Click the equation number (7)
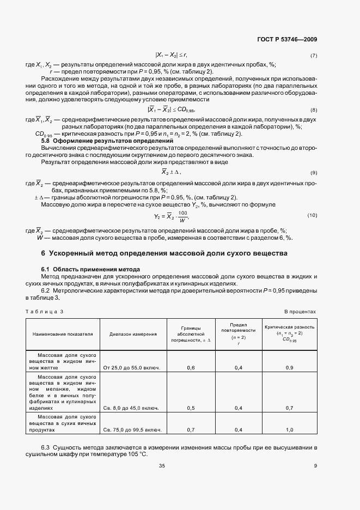point(313,56)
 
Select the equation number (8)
point(313,110)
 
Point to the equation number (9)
point(313,172)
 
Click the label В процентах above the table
point(300,311)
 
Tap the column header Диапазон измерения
point(133,334)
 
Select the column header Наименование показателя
point(63,334)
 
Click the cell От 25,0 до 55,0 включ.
point(131,368)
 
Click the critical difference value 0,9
point(290,368)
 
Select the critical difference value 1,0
point(290,430)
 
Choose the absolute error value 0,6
point(191,368)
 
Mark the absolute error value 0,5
point(191,408)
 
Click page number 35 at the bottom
point(162,465)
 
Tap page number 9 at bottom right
point(315,465)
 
